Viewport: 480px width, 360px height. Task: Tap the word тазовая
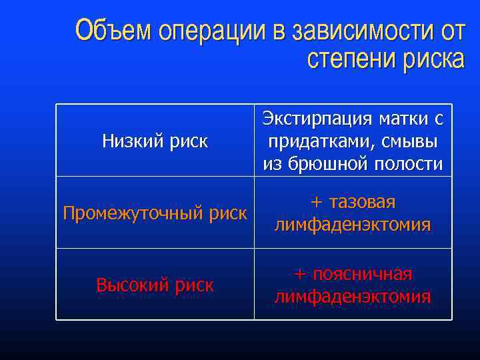363,203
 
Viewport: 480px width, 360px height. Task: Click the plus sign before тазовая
317,203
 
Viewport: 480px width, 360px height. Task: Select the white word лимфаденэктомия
353,225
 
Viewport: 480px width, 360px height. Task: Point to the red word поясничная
363,275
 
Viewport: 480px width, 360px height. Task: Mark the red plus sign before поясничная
301,275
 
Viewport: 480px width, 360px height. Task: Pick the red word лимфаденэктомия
353,297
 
